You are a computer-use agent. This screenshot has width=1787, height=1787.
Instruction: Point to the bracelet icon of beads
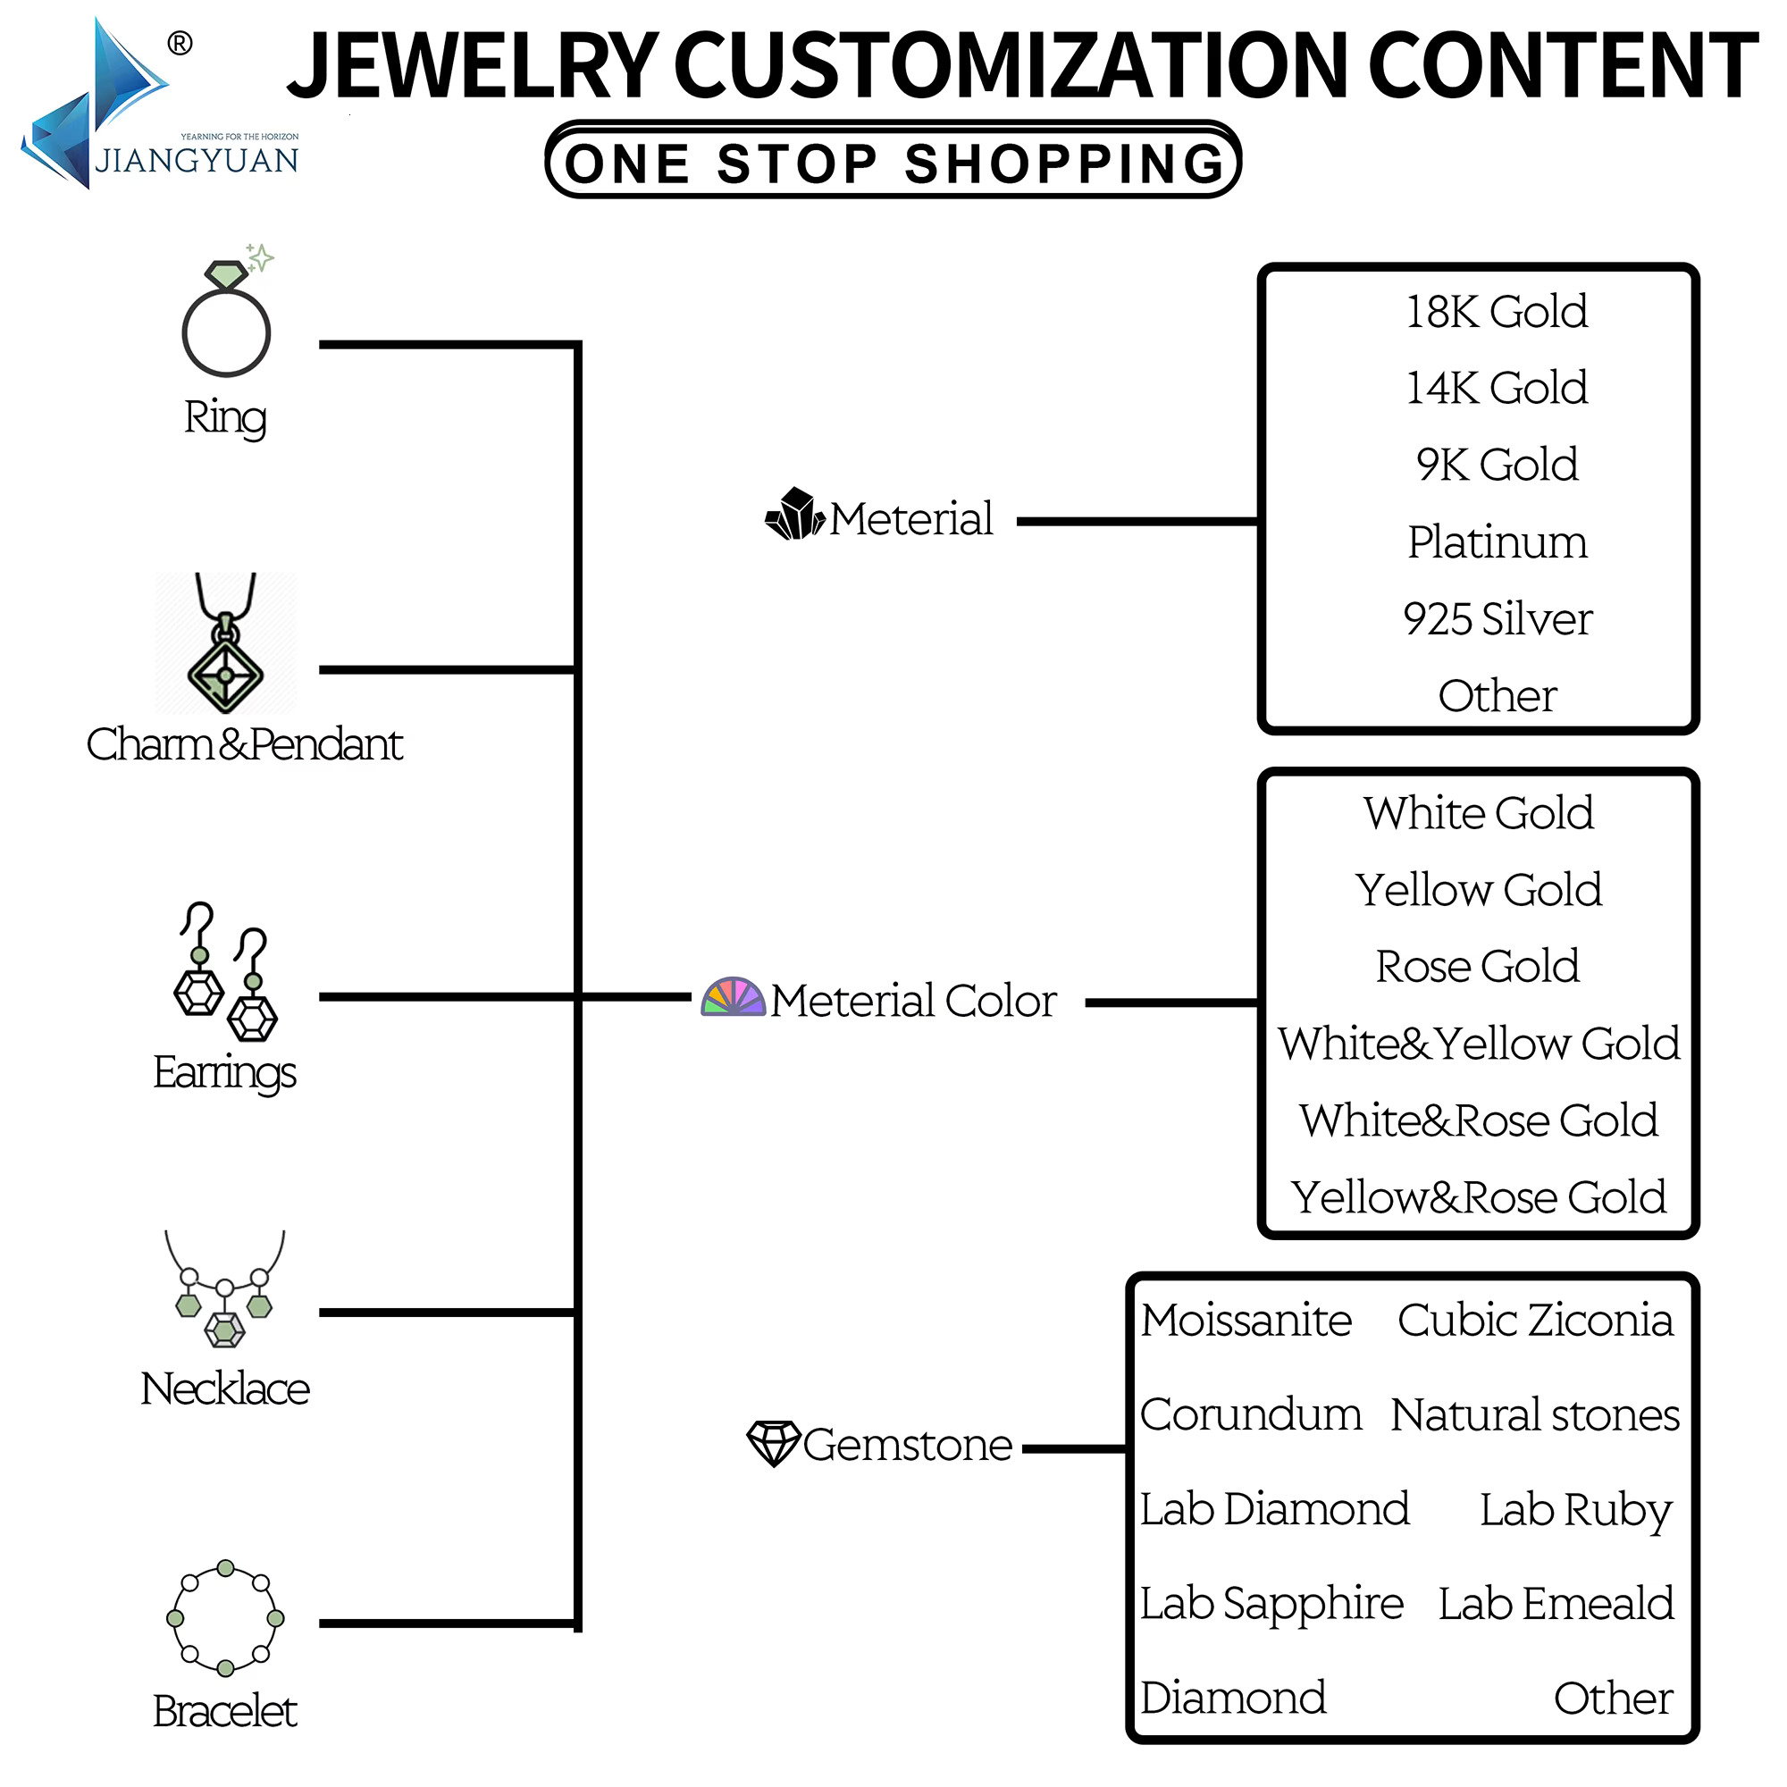pos(226,1619)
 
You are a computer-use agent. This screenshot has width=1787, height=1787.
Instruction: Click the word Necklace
pos(225,1389)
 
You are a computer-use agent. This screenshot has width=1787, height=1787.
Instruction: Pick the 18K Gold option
pos(1497,312)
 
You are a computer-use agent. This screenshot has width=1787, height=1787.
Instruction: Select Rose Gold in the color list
pos(1478,967)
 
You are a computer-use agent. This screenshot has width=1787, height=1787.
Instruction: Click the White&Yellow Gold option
pos(1478,1044)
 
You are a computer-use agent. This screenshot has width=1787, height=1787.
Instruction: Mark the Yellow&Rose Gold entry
pos(1478,1198)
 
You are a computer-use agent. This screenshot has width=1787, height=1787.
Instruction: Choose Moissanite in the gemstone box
pos(1246,1320)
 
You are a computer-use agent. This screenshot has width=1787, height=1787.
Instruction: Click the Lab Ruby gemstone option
pos(1576,1509)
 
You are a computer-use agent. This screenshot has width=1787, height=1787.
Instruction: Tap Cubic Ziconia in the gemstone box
pos(1535,1320)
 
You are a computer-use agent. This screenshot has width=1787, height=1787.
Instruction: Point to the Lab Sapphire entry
pos(1271,1604)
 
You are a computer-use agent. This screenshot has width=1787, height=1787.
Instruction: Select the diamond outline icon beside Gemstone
pos(773,1443)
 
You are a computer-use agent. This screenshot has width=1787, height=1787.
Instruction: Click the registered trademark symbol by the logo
pos(180,44)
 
